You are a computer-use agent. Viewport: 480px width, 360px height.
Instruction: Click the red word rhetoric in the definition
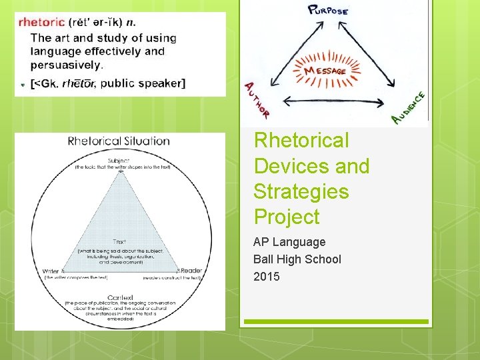click(41, 22)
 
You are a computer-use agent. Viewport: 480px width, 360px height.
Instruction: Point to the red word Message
click(325, 71)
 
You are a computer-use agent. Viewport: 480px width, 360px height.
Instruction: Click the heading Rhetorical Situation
click(119, 141)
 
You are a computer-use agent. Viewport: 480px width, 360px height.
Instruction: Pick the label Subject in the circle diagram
click(121, 161)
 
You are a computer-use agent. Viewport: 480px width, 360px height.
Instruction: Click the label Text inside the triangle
click(120, 242)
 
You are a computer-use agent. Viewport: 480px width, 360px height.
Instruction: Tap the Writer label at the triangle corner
click(50, 271)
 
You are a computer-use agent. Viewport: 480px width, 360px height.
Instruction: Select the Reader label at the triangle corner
click(191, 271)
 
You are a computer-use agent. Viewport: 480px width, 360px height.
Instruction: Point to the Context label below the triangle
click(120, 297)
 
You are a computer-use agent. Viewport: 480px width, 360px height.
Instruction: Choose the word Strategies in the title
click(301, 191)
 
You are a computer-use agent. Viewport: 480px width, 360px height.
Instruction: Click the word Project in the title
click(287, 217)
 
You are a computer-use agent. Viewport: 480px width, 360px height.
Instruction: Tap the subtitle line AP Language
click(289, 242)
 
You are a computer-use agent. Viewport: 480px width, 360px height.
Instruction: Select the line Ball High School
click(297, 259)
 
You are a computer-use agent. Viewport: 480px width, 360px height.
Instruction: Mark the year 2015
click(267, 276)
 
